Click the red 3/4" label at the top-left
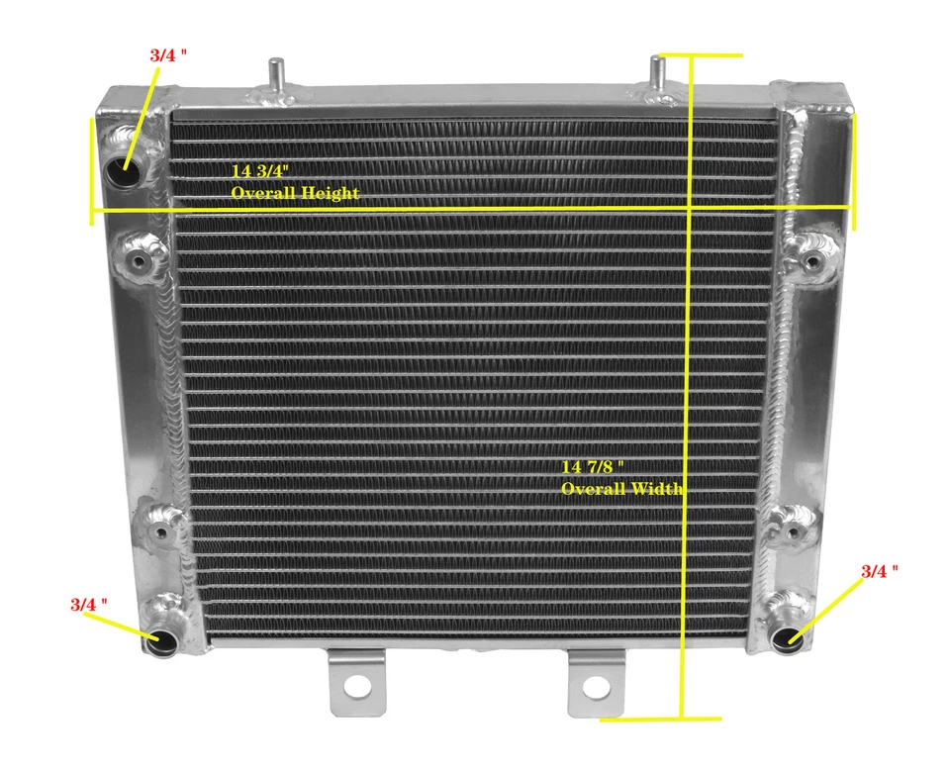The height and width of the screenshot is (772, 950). (x=168, y=55)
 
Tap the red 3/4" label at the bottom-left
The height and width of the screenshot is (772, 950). (x=89, y=603)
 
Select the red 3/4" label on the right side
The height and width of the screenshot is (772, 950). (x=879, y=571)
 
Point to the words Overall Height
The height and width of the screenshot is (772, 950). (x=295, y=193)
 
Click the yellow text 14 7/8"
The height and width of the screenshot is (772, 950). (x=593, y=466)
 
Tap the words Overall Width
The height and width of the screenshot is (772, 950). (x=622, y=489)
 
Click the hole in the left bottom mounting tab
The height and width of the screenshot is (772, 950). (x=354, y=683)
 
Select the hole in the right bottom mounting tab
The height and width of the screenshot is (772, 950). (x=594, y=686)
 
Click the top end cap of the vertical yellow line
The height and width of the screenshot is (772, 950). (x=698, y=54)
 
